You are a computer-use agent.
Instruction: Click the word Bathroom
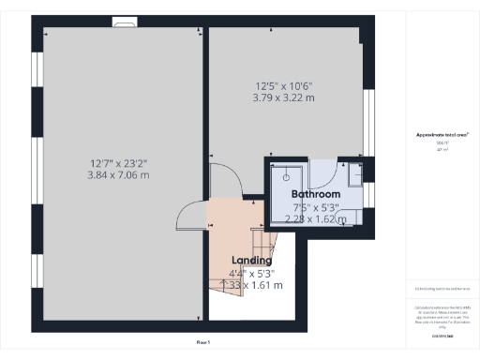tap(314, 195)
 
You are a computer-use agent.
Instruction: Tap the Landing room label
tap(251, 260)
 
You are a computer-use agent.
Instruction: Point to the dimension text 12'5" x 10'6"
tap(282, 85)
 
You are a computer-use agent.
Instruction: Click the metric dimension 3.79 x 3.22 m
tap(282, 97)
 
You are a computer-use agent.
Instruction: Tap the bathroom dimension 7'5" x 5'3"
tap(315, 207)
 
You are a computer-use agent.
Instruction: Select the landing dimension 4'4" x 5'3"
tap(251, 273)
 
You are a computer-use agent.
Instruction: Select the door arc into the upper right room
tap(222, 175)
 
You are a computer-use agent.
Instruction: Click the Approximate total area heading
tap(442, 135)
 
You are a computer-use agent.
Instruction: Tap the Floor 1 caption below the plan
tap(203, 343)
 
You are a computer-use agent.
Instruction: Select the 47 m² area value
tap(442, 149)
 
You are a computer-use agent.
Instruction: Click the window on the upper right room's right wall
tap(367, 122)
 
